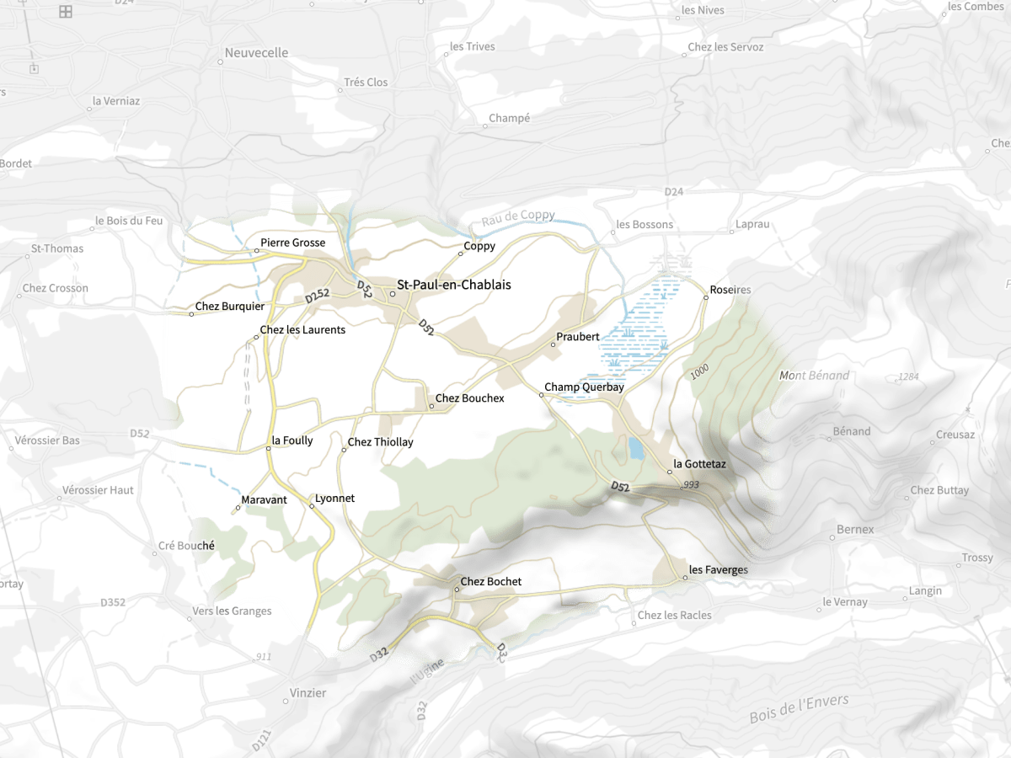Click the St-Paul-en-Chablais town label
[x=454, y=285]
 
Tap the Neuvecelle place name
[x=256, y=53]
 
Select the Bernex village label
[x=855, y=530]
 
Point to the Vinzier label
[x=308, y=693]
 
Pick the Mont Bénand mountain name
[x=814, y=376]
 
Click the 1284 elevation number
[x=908, y=376]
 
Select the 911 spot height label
[x=264, y=656]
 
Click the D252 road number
[x=317, y=296]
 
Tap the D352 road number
[x=113, y=602]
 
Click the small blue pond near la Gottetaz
[x=635, y=447]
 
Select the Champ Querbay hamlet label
[x=584, y=387]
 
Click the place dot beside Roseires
[x=706, y=296]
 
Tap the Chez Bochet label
[x=490, y=582]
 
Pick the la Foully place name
[x=292, y=440]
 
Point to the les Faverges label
[x=718, y=570]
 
